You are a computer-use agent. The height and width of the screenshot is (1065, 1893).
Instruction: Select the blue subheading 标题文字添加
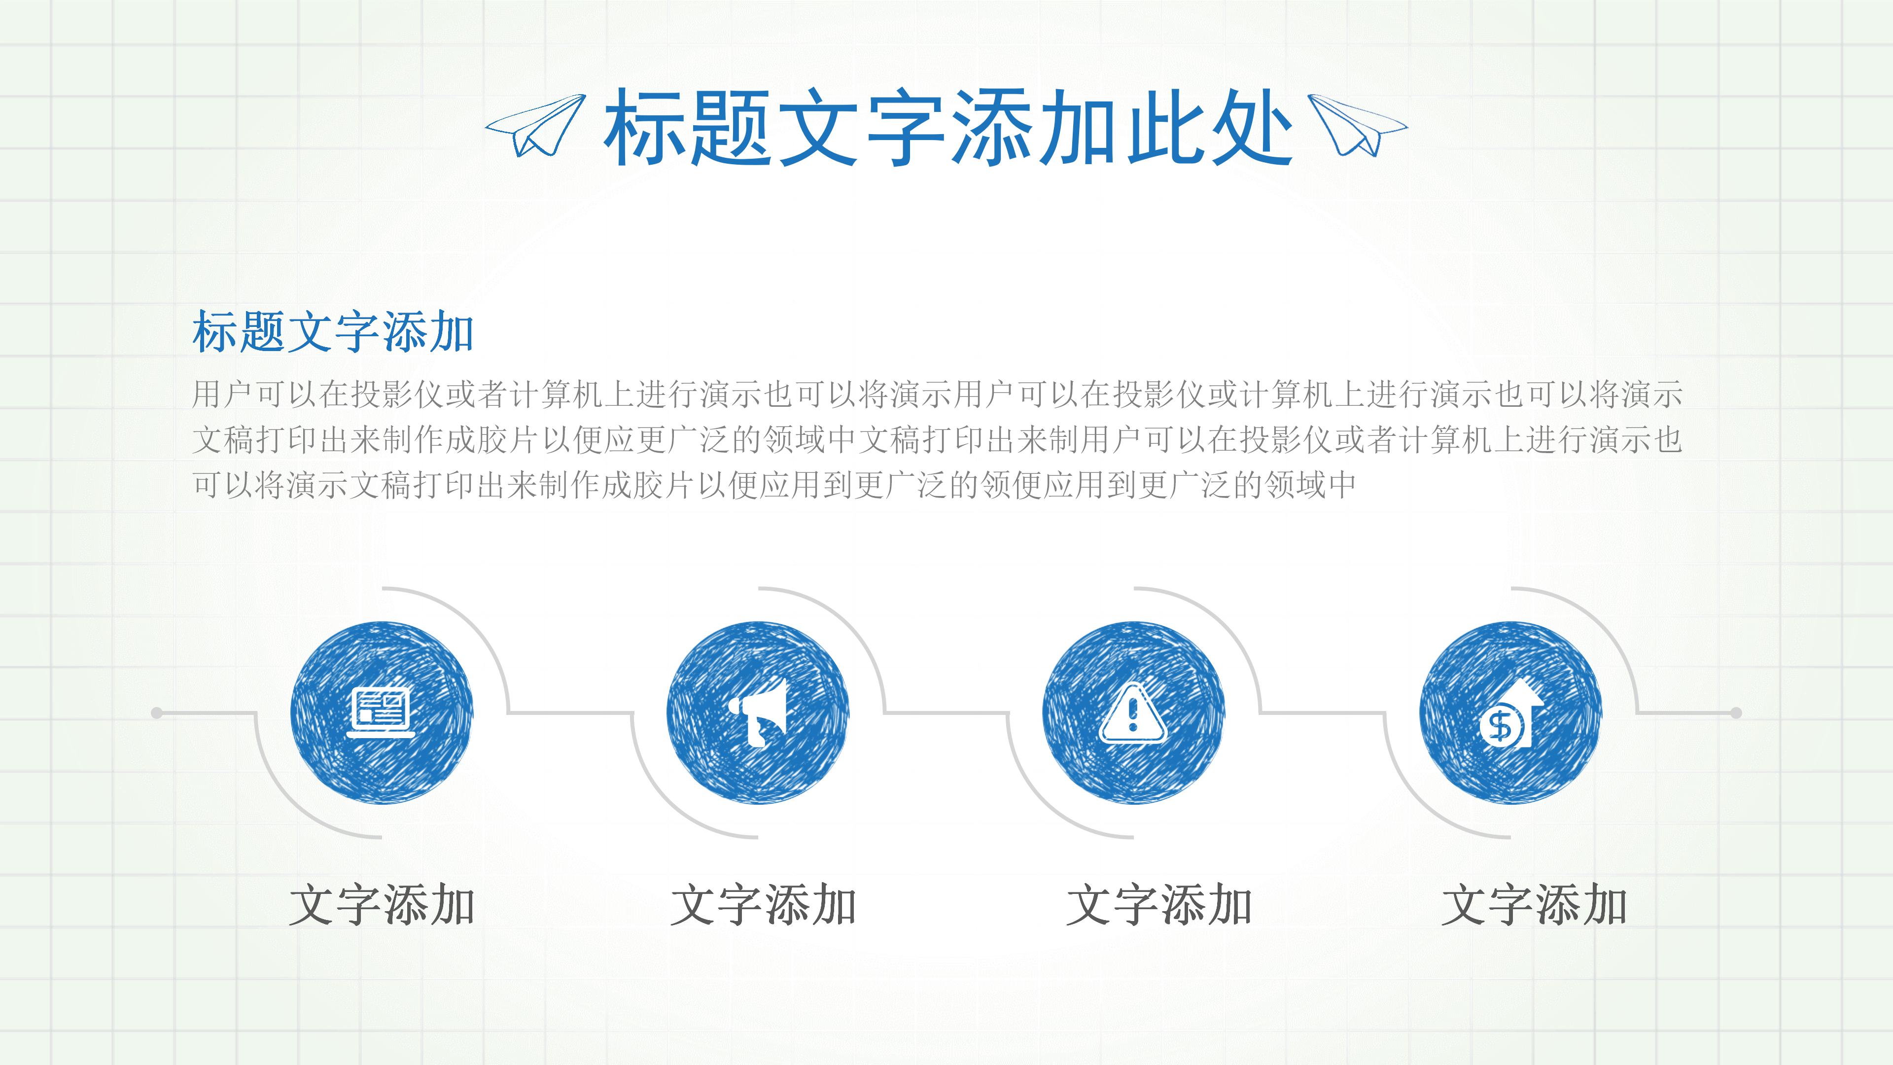pyautogui.click(x=333, y=332)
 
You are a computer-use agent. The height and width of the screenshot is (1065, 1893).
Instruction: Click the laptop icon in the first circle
pyautogui.click(x=382, y=712)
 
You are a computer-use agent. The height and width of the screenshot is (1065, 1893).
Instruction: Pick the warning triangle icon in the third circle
pyautogui.click(x=1132, y=713)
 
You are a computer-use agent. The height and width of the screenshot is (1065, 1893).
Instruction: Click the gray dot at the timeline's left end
pyautogui.click(x=157, y=713)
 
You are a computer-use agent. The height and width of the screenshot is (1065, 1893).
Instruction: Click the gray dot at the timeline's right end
pyautogui.click(x=1736, y=713)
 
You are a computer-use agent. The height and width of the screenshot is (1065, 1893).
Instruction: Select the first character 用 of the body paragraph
pyautogui.click(x=207, y=394)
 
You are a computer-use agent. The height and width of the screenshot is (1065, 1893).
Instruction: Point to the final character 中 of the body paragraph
pyautogui.click(x=1342, y=485)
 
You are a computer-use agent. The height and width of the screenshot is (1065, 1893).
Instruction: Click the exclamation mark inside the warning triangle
pyautogui.click(x=1132, y=714)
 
